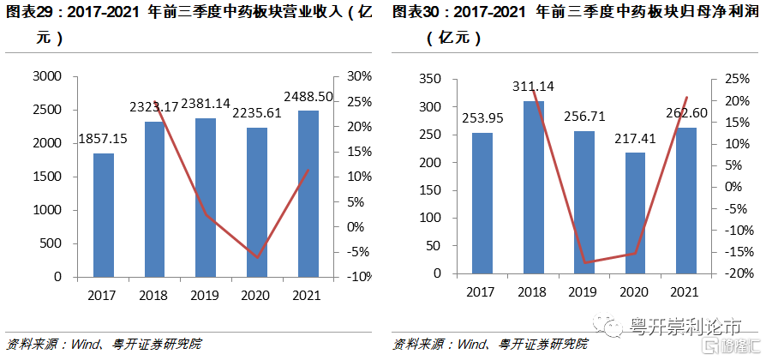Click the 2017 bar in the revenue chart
(104, 215)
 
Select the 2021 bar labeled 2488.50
(308, 194)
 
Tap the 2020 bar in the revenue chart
(257, 202)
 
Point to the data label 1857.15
(107, 138)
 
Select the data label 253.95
(485, 118)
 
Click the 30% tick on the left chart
(357, 76)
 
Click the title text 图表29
(30, 13)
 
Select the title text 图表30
(417, 13)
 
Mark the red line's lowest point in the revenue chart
(256, 257)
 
